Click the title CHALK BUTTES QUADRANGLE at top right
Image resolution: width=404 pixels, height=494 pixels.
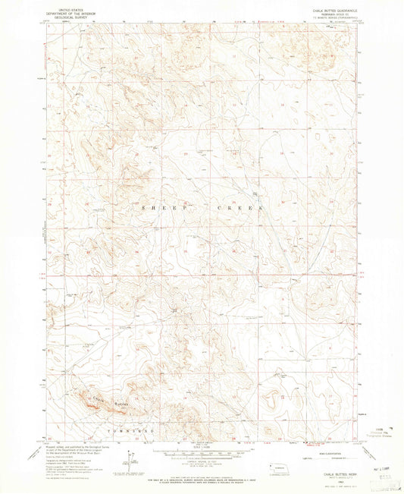328,9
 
